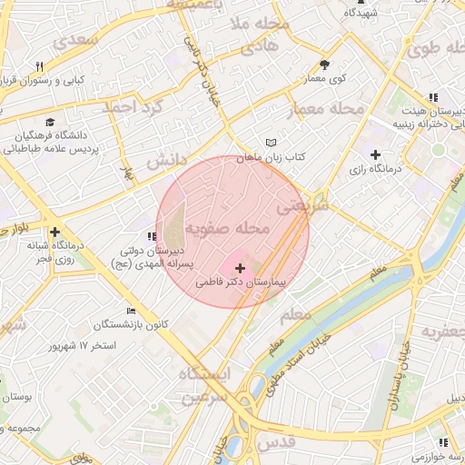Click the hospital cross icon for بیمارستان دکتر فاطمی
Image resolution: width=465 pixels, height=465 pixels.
[240, 269]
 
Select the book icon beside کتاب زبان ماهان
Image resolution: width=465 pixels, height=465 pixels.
[270, 143]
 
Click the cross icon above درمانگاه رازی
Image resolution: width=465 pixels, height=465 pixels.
[375, 155]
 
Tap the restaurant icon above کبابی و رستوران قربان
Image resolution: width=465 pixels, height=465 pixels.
[39, 66]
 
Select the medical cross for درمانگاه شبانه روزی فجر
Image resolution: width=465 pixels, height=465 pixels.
[55, 232]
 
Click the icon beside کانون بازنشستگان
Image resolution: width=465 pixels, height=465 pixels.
[132, 311]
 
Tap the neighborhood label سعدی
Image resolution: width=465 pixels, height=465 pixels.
[76, 39]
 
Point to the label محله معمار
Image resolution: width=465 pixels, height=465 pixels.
[325, 110]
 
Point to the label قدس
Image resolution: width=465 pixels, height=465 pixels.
[279, 441]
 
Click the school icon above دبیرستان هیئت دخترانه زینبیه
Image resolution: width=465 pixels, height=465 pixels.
[434, 96]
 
